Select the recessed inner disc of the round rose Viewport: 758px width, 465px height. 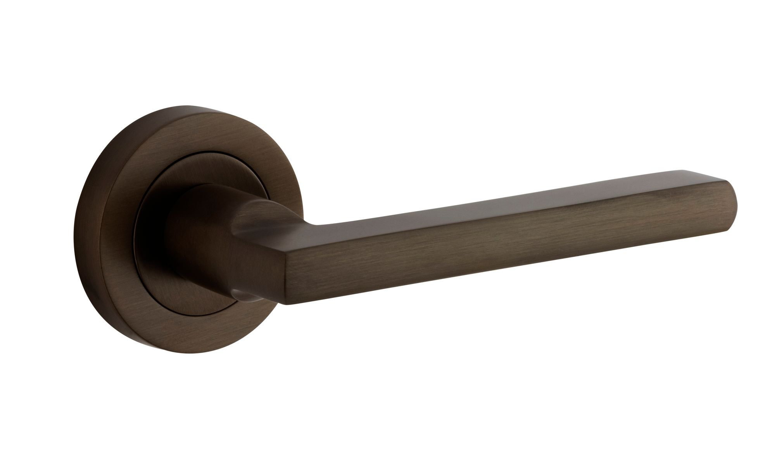[171, 194]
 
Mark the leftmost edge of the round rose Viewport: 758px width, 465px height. [74, 232]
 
